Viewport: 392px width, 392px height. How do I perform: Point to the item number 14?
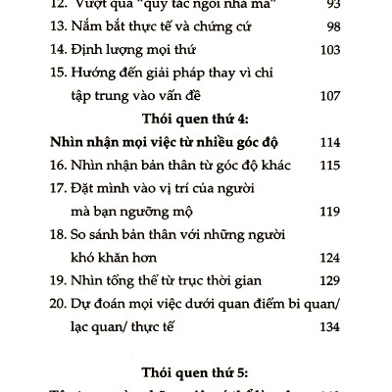pos(58,47)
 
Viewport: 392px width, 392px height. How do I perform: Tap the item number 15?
pos(58,72)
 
